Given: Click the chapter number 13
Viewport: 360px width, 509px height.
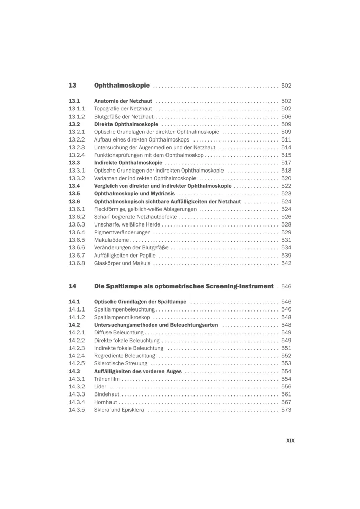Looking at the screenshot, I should point(72,86).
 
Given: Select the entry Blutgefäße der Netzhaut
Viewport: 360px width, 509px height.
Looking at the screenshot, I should point(124,116).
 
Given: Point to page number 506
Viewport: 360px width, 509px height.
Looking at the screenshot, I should point(286,116).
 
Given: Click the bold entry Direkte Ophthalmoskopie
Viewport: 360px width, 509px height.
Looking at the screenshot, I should point(126,124).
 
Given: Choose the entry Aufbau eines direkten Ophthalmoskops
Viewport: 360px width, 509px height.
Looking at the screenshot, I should point(142,139).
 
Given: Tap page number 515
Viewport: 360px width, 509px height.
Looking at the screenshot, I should point(286,155).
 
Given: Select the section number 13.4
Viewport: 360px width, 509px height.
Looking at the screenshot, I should point(74,186).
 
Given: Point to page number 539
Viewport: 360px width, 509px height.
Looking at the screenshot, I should point(286,255).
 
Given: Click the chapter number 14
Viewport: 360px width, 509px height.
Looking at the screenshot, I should point(72,286).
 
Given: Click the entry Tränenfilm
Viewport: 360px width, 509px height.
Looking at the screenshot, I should point(106,379).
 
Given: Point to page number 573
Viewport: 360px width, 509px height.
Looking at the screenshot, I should point(286,410).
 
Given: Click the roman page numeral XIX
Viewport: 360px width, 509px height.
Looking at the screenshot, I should point(290,441).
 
